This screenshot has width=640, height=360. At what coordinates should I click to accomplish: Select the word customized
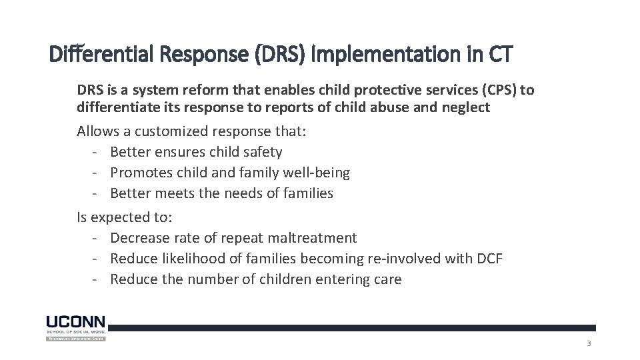pos(165,131)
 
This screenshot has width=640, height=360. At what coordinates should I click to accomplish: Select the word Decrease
pos(141,238)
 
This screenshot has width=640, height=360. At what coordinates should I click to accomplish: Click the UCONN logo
pos(75,327)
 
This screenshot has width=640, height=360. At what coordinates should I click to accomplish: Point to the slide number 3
pos(588,344)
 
